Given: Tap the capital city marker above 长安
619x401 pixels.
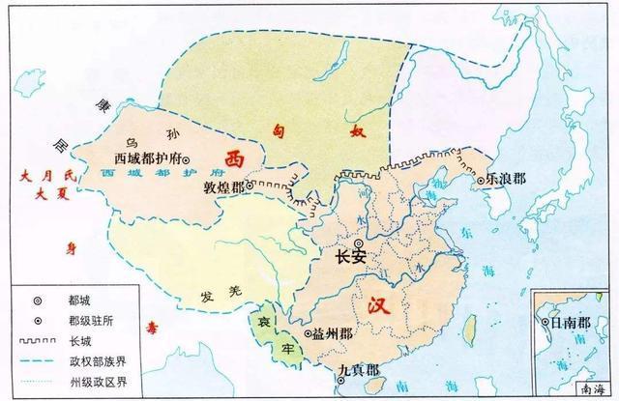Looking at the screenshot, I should [x=360, y=243].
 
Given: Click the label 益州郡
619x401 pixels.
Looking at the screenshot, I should [x=337, y=332].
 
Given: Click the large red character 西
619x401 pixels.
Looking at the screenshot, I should [x=234, y=156].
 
